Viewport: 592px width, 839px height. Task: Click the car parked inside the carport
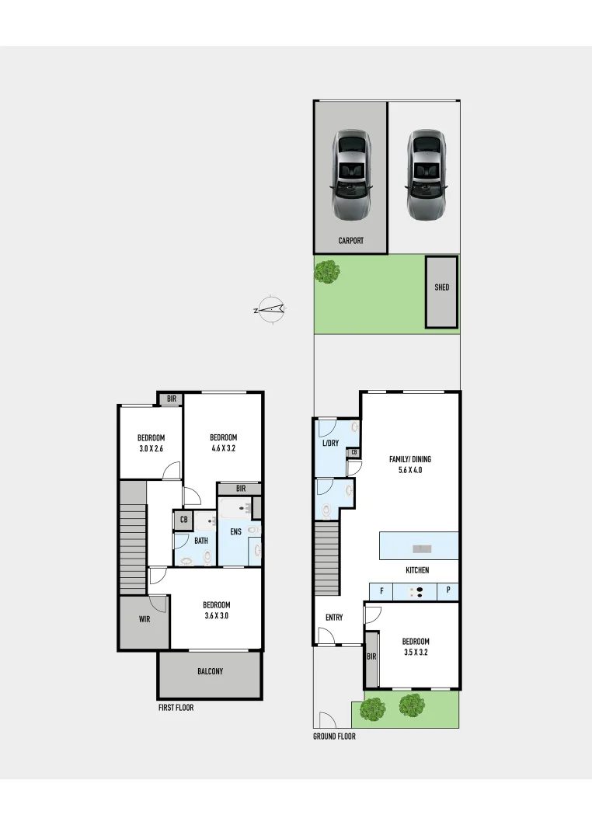click(351, 174)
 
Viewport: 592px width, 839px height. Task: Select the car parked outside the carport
click(425, 174)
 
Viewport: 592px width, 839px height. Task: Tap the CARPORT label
click(350, 241)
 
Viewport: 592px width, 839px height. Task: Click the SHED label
click(441, 287)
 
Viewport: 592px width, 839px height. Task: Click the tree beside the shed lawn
click(327, 271)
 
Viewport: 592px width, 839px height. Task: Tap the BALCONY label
click(210, 671)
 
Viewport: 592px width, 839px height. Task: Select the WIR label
click(145, 619)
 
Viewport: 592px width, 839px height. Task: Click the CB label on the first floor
click(183, 520)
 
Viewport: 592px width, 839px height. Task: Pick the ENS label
click(235, 532)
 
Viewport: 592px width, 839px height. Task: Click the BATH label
click(201, 541)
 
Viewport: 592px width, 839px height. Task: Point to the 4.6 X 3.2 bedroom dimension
click(223, 448)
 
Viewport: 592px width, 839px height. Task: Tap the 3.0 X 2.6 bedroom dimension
click(151, 448)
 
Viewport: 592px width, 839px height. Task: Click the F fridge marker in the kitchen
click(381, 591)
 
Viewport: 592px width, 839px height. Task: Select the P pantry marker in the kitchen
click(448, 591)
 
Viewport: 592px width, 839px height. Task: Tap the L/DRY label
click(330, 443)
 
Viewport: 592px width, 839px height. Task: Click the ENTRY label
click(334, 618)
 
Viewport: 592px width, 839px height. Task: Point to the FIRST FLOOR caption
click(176, 708)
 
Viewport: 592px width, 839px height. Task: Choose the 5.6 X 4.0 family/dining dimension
click(410, 470)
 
